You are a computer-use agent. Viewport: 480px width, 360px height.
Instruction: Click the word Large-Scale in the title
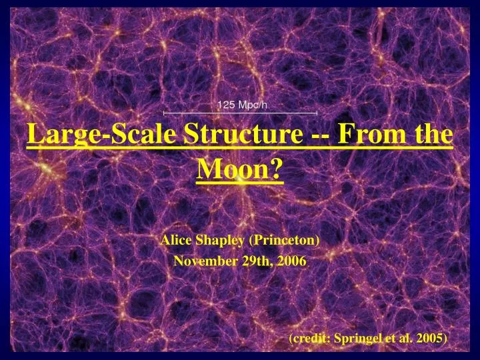(x=102, y=135)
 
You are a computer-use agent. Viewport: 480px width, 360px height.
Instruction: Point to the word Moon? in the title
(x=240, y=171)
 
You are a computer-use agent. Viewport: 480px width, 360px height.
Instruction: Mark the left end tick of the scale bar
(x=164, y=113)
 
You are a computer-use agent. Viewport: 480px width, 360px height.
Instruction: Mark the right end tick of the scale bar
(x=316, y=113)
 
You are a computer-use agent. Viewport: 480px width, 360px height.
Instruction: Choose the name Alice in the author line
(x=175, y=239)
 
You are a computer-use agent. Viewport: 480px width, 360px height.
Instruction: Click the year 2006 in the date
(x=291, y=261)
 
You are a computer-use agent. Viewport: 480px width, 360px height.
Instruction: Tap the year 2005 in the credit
(x=431, y=338)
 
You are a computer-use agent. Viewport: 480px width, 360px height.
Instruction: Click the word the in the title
(x=433, y=135)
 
